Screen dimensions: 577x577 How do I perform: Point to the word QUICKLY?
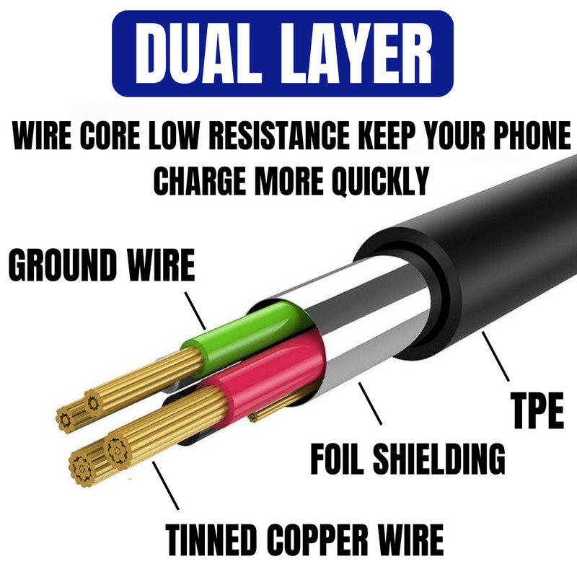[380, 181]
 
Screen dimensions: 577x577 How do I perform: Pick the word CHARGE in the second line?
[200, 181]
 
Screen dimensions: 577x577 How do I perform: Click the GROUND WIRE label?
[102, 265]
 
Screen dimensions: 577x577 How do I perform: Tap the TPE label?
[537, 410]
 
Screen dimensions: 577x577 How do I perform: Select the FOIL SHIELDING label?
[408, 459]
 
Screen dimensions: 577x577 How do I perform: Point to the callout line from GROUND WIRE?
[195, 311]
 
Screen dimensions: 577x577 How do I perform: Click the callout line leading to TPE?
[495, 356]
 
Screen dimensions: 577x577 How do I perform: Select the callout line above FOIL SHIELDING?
[370, 404]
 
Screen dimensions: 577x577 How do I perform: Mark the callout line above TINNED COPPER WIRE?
[166, 485]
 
